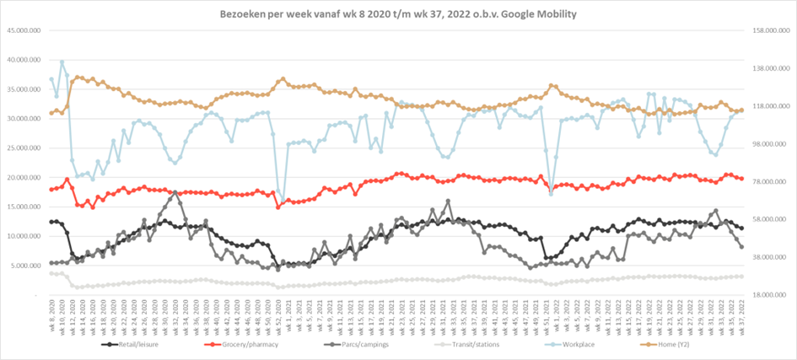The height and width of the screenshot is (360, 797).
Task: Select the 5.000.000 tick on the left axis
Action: pos(26,266)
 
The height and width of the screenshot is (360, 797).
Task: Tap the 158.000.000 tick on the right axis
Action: pos(768,31)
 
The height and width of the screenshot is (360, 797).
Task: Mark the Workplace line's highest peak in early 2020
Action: pos(62,62)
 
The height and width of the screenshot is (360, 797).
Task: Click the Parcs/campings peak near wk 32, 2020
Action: pos(175,192)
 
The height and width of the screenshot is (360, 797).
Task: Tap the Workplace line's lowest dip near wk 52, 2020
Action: pos(282,201)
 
